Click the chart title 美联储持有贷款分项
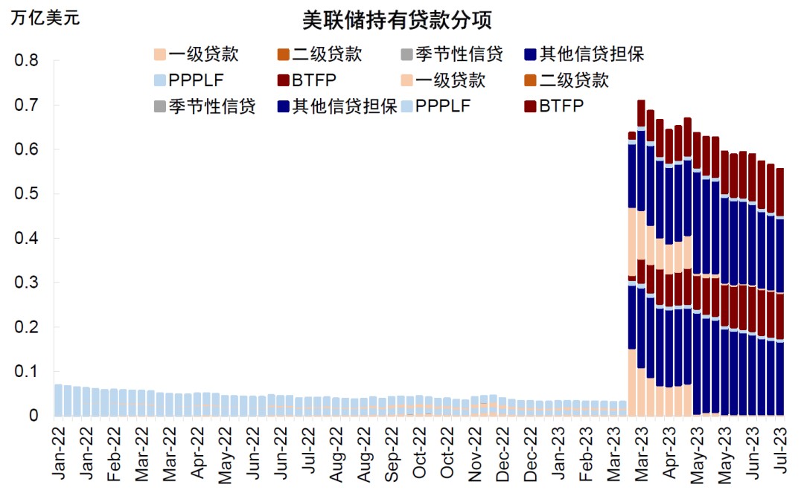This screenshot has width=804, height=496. [397, 20]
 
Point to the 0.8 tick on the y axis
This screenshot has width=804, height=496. [28, 60]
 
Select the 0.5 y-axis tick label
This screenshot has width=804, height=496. [28, 194]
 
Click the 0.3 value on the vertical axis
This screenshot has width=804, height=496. [28, 283]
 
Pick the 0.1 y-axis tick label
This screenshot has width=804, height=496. [28, 372]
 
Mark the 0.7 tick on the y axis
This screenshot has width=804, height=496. [28, 105]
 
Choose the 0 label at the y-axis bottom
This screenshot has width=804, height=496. [33, 416]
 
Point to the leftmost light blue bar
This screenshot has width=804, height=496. [58, 400]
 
